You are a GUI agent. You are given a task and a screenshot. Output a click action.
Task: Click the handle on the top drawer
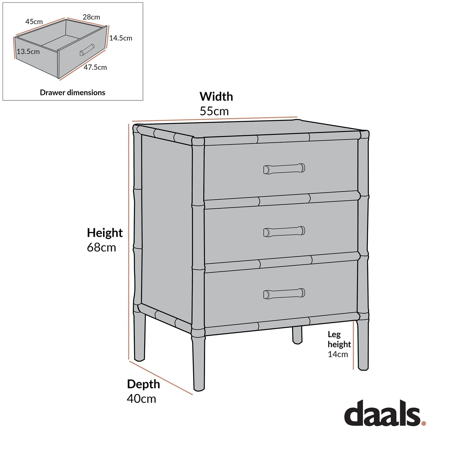pos(284,168)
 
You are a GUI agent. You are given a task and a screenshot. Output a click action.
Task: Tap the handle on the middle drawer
pos(284,232)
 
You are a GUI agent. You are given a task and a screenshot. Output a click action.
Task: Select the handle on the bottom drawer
pos(284,294)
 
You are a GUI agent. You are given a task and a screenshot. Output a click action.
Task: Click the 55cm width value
pos(214,111)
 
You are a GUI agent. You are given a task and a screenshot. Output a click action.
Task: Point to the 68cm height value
pos(102,248)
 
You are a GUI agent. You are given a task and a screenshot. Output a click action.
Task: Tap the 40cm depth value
pos(141,399)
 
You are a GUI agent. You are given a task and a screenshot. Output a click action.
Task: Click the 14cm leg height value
pos(338,354)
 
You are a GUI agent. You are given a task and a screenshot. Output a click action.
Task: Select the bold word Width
pos(216,97)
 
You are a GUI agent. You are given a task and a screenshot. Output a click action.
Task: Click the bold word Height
pos(105,233)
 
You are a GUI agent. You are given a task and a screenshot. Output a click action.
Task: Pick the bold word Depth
pos(143,384)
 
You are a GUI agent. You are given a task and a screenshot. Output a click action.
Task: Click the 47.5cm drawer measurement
pos(95,67)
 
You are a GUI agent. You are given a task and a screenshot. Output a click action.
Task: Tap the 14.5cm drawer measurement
pos(121,38)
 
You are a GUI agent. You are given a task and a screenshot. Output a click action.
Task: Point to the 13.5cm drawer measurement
pos(28,52)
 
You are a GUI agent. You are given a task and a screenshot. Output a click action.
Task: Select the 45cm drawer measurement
pos(34,22)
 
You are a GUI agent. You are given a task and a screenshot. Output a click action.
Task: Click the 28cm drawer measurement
pos(91,17)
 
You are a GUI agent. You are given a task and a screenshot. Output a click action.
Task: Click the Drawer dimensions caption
pos(73,92)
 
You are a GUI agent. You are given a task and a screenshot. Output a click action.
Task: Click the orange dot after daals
pos(424,423)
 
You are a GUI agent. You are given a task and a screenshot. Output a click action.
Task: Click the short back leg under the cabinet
pos(297,335)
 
